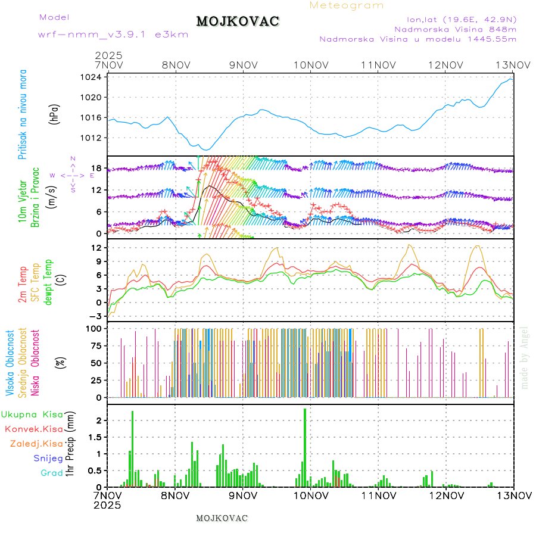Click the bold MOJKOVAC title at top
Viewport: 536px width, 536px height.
pos(238,21)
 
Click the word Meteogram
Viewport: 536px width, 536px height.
pos(347,5)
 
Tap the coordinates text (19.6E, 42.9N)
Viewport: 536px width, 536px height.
pos(486,19)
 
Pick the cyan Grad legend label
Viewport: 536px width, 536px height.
pos(51,473)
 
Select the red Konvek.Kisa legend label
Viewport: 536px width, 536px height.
pos(33,429)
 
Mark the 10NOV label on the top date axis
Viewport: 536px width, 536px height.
pos(310,65)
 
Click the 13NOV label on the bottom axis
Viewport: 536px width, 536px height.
pos(513,495)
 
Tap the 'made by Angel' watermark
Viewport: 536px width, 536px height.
pos(524,357)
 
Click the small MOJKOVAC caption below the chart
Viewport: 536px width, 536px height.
pos(222,518)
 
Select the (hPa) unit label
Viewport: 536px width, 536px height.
pos(55,113)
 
